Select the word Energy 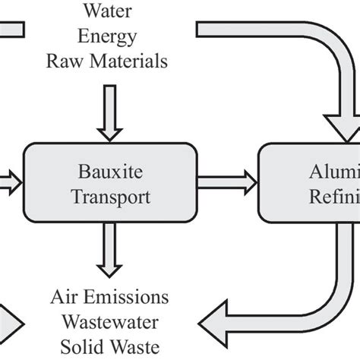click(109, 37)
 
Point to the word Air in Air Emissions click(65, 295)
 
